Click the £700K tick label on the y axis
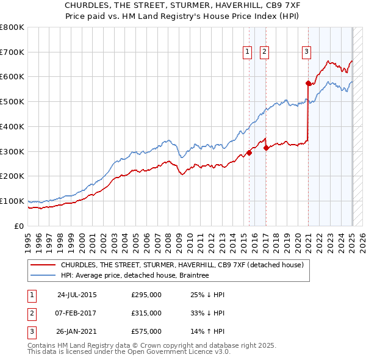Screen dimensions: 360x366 pyautogui.click(x=12, y=52)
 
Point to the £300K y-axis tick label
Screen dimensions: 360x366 pyautogui.click(x=12, y=151)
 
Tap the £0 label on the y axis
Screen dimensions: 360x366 pyautogui.click(x=20, y=226)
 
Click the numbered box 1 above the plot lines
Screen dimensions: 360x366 pyautogui.click(x=248, y=52)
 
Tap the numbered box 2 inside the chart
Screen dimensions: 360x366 pyautogui.click(x=264, y=52)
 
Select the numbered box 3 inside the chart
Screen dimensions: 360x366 pyautogui.click(x=306, y=52)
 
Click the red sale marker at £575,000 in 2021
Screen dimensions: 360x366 pyautogui.click(x=309, y=83)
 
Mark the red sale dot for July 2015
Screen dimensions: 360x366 pyautogui.click(x=249, y=153)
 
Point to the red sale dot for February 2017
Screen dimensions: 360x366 pyautogui.click(x=266, y=148)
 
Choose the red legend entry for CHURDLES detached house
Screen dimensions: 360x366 pyautogui.click(x=177, y=265)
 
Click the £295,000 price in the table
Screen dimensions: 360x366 pyautogui.click(x=146, y=295)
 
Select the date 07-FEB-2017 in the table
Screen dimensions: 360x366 pyautogui.click(x=76, y=313)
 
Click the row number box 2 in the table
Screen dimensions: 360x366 pyautogui.click(x=31, y=313)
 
